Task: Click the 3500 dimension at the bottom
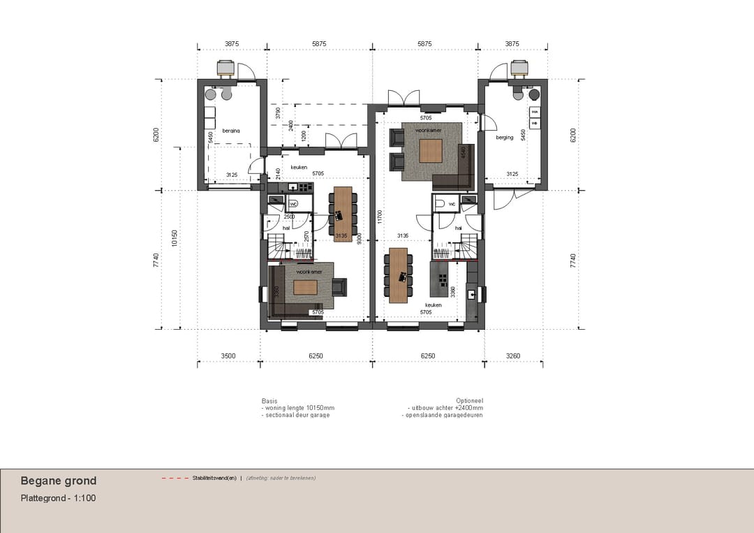pos(228,356)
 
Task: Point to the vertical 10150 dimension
pos(175,238)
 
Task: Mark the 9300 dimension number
pos(358,239)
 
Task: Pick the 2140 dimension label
pos(278,173)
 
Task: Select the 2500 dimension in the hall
pos(289,217)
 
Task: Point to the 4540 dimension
pos(464,152)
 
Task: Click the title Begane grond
pos(59,481)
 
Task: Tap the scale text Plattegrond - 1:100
pos(58,498)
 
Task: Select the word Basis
pos(269,401)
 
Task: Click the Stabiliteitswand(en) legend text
pos(215,479)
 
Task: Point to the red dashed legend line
pos(175,479)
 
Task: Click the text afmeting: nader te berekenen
pos(281,479)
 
